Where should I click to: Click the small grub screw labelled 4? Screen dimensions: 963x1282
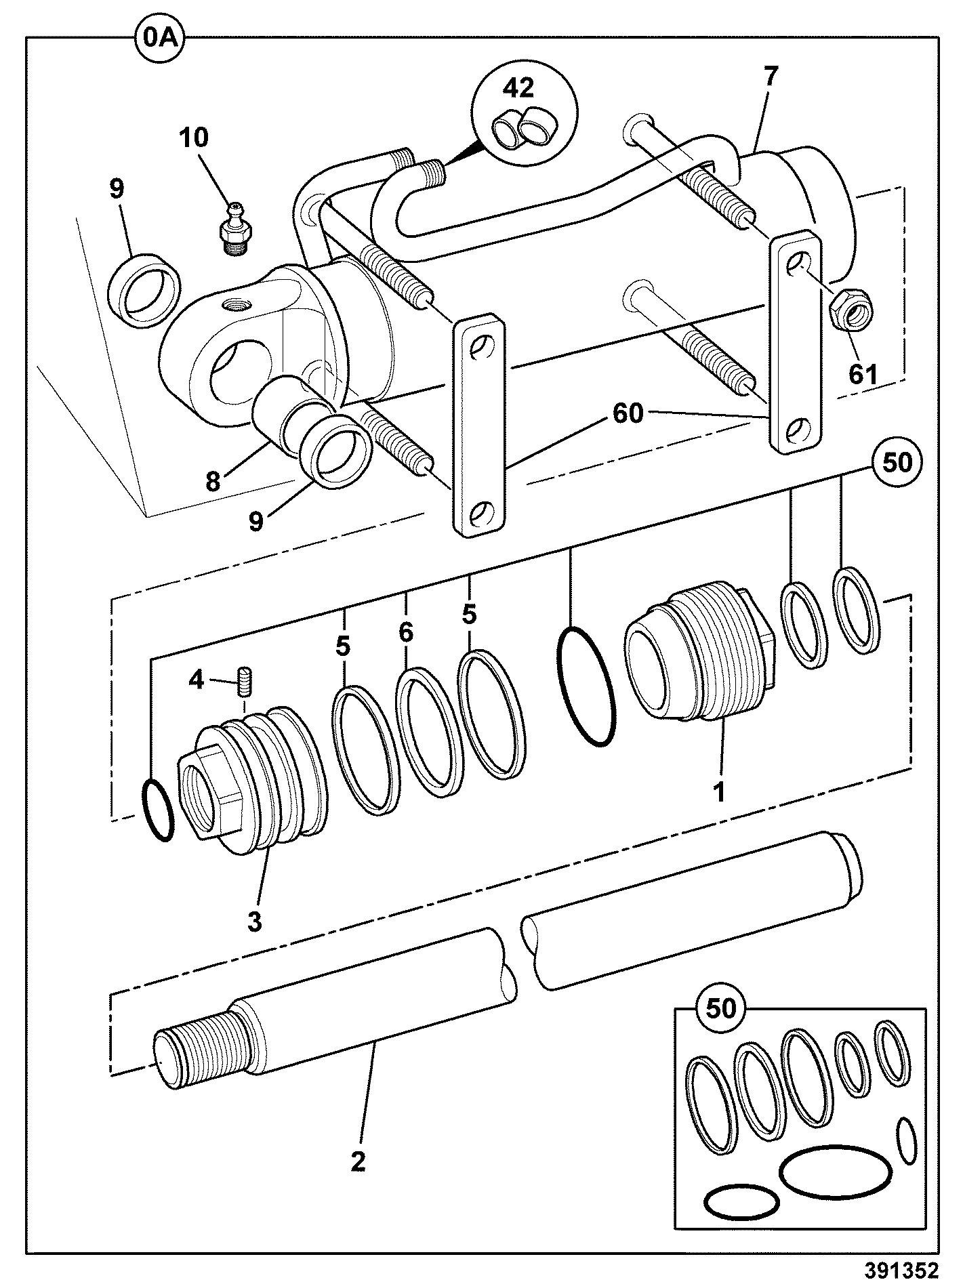(245, 681)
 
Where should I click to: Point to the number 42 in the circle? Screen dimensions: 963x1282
(518, 89)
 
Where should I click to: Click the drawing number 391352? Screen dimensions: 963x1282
(902, 1268)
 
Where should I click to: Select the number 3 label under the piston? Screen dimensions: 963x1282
(254, 922)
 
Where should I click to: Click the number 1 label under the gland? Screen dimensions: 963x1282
(719, 790)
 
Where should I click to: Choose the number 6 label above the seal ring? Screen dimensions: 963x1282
(405, 632)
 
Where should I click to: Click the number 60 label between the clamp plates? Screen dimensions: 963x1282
(626, 413)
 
